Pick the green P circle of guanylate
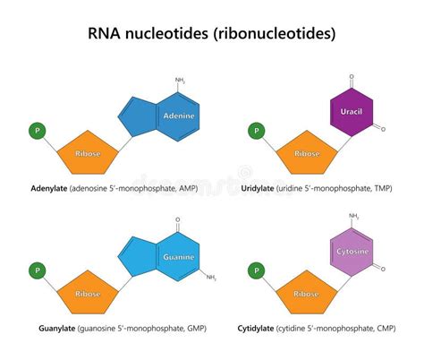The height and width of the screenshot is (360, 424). click(38, 268)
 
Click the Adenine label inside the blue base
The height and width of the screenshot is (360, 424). click(180, 116)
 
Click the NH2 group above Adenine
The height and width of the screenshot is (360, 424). click(180, 81)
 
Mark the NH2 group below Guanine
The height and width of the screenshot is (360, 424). click(211, 278)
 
